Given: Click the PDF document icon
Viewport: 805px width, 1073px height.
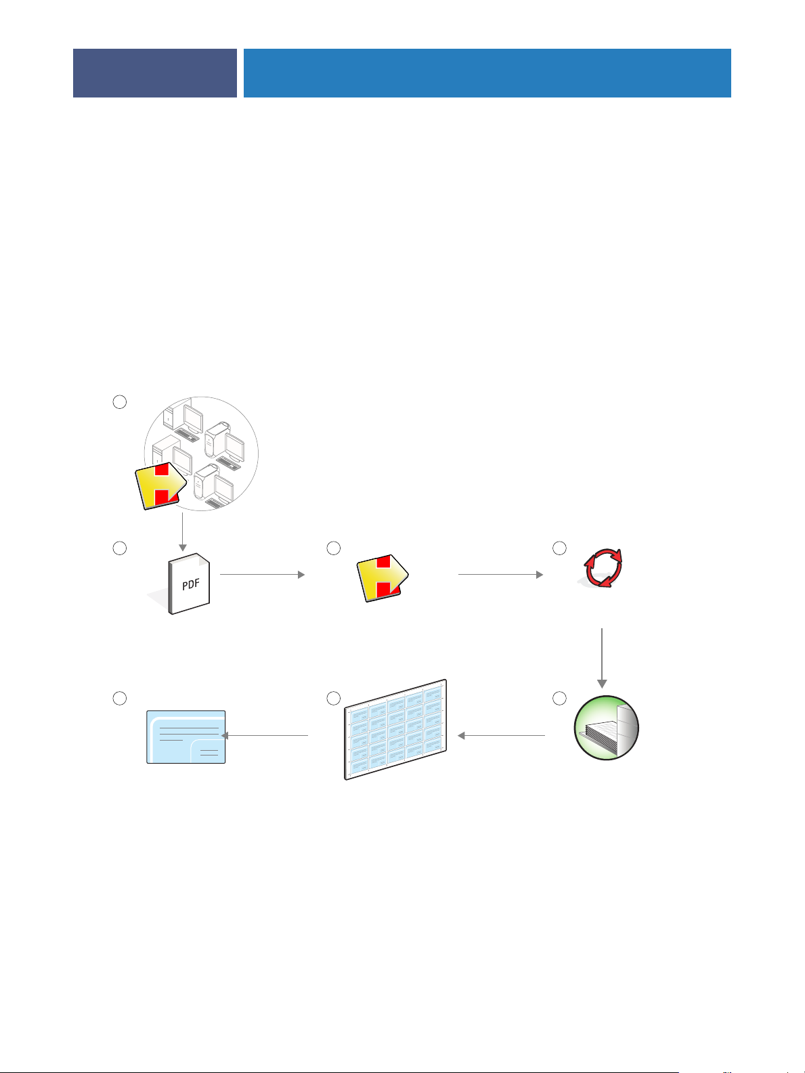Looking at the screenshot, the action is pos(190,584).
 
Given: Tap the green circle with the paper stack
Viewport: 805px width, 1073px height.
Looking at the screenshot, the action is pos(606,728).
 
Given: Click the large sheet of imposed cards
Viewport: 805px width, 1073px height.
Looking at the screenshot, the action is pos(396,730).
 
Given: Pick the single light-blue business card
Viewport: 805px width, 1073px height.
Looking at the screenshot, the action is pos(186,737).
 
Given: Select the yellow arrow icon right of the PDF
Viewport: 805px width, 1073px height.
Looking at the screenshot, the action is pos(381,577).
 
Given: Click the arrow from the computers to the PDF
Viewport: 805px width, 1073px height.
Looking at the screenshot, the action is pos(182,531).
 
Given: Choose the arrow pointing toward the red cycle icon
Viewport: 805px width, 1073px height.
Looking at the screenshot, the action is pos(500,575).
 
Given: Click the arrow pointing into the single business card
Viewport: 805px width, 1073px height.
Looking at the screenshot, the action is pos(265,735).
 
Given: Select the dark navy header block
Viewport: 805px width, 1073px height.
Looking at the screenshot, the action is pos(155,73).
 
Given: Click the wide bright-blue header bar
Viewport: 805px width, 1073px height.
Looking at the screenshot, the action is pos(487,73).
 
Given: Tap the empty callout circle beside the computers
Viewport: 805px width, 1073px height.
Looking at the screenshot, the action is pos(119,402).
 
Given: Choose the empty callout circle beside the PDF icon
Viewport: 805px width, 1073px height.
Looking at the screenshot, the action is pos(119,548).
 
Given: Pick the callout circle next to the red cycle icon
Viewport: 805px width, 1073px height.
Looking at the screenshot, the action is pos(559,548).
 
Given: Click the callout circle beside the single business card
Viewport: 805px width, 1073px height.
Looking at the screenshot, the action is pos(119,699).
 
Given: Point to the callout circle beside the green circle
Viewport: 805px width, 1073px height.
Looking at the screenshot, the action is pos(559,699).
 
